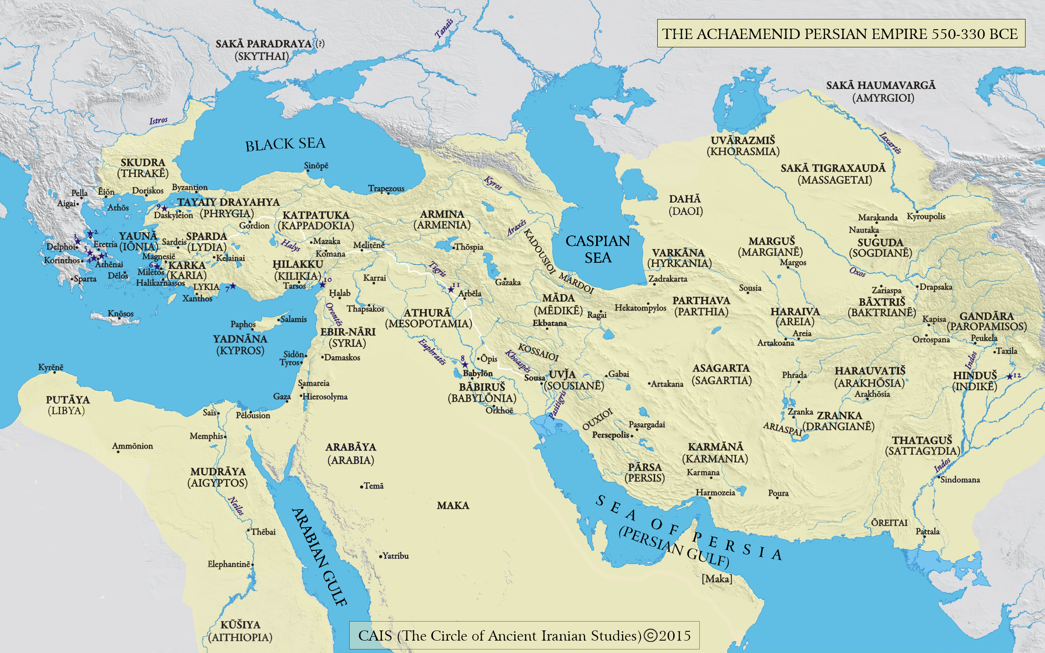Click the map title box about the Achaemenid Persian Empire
point(841,34)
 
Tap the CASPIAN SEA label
point(598,249)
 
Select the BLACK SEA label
point(285,144)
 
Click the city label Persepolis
point(610,435)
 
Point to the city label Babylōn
point(478,373)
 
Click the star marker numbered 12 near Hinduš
point(1010,376)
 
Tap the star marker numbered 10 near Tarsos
point(323,284)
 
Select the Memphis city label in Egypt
point(206,436)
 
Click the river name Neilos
point(236,506)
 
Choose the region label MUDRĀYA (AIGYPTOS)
point(218,477)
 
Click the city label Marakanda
point(878,218)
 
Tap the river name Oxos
point(857,272)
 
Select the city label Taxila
point(1006,351)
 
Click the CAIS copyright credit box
point(524,636)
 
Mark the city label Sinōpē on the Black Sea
point(316,166)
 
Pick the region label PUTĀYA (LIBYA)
point(67,405)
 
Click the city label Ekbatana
point(549,323)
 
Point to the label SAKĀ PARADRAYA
point(264,44)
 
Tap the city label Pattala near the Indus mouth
point(927,531)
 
